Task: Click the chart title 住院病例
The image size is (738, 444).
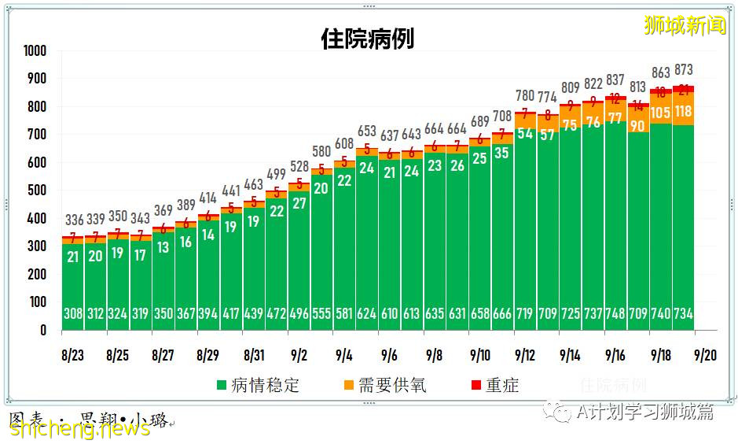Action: point(368,39)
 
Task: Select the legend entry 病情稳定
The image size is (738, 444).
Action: point(258,386)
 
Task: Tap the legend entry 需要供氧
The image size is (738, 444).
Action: point(384,386)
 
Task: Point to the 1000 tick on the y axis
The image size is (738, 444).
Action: point(35,51)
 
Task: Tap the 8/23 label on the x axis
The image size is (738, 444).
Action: point(72,356)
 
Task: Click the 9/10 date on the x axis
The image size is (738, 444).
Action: point(480,356)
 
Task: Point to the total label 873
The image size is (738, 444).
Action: point(684,70)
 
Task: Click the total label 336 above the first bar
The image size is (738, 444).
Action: point(72,220)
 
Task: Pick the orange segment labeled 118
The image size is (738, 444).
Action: point(684,112)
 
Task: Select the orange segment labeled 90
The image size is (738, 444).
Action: point(638,125)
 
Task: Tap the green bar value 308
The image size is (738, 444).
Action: point(72,314)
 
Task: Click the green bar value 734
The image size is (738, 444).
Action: point(684,314)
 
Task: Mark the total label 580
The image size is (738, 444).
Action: point(321,151)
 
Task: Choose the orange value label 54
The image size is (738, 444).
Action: point(525,134)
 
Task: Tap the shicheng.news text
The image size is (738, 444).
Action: point(79,428)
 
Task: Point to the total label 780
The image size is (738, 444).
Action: point(525,96)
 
